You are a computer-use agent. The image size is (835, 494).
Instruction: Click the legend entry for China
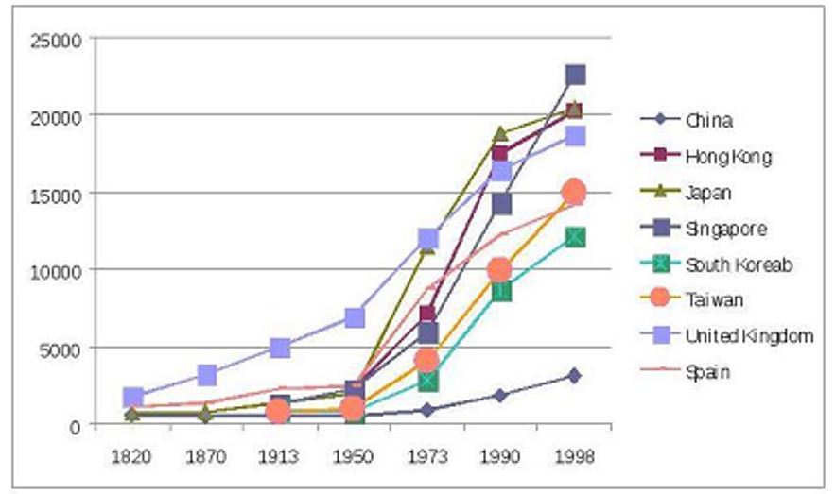pos(709,120)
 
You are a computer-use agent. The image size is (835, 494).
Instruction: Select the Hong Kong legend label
pos(728,157)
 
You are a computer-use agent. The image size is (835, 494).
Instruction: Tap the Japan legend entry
pos(710,192)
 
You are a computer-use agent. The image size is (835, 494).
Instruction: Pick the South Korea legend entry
pos(734,264)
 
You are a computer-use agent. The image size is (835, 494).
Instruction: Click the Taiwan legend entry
pos(714,298)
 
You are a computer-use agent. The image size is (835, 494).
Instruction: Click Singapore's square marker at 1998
pos(574,75)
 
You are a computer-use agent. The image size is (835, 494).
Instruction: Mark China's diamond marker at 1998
pos(574,376)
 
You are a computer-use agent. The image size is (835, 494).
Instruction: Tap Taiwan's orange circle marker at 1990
pos(500,269)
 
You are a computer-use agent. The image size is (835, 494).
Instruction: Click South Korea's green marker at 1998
pos(574,237)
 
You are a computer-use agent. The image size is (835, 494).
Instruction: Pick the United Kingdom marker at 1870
pos(205,376)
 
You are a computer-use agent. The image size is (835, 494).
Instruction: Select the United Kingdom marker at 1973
pos(427,238)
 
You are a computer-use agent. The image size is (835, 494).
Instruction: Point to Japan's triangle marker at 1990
pos(500,134)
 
